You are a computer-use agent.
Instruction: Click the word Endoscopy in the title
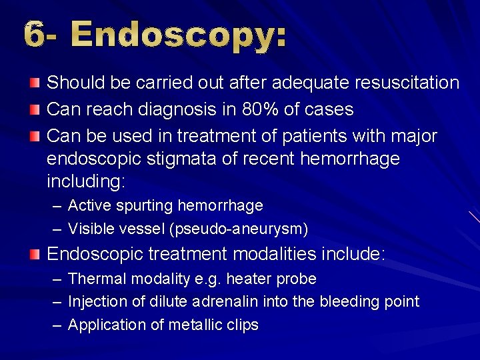click(x=179, y=35)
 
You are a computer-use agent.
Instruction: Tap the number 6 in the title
click(x=36, y=35)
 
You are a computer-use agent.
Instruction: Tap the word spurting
click(x=146, y=205)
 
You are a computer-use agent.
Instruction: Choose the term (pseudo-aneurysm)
click(x=239, y=229)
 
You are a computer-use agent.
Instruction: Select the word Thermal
click(x=93, y=279)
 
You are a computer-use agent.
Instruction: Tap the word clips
click(x=242, y=325)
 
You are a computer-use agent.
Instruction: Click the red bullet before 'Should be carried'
click(x=35, y=82)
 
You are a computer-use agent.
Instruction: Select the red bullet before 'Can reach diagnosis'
click(x=35, y=108)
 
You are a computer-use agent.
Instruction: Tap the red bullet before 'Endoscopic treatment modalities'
click(x=35, y=253)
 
